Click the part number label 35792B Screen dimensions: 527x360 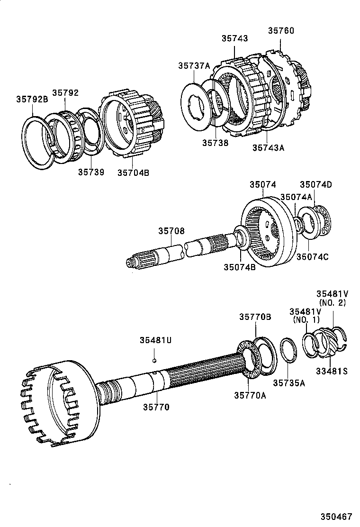32,100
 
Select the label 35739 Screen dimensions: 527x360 91,172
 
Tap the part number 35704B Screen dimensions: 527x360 133,173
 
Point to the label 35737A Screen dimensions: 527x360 194,66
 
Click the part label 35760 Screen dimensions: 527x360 281,31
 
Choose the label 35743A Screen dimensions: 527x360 268,147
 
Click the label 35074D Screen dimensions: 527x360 316,185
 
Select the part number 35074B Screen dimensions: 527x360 240,267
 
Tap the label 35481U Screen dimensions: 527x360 155,340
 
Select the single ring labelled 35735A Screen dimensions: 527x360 288,351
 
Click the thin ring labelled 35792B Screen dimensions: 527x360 38,142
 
